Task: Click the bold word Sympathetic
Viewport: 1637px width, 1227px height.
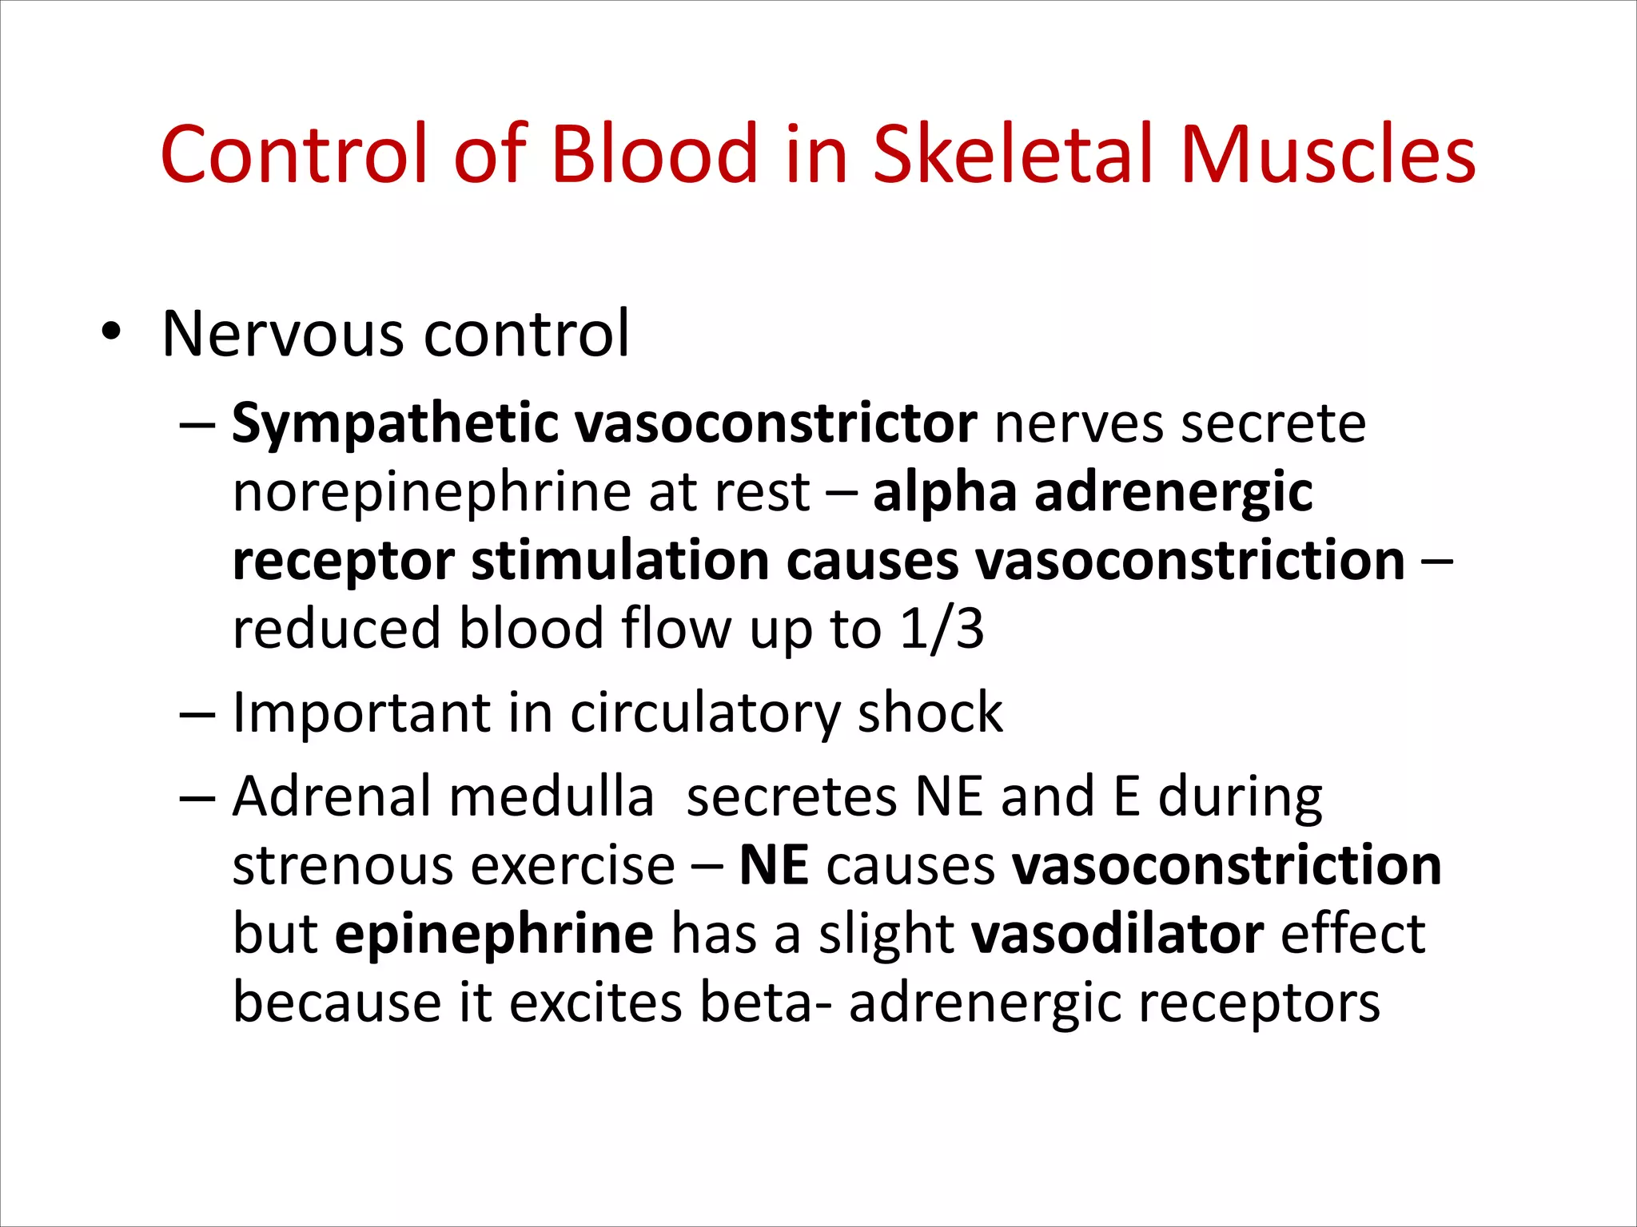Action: pos(395,423)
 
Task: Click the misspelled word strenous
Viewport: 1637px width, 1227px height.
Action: pos(334,865)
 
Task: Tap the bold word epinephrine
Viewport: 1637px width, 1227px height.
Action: pos(494,934)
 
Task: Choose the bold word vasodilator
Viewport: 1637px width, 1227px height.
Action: pos(1117,934)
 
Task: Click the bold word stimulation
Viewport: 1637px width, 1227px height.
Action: pos(619,560)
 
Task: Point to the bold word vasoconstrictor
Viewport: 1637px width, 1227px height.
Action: pos(776,423)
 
